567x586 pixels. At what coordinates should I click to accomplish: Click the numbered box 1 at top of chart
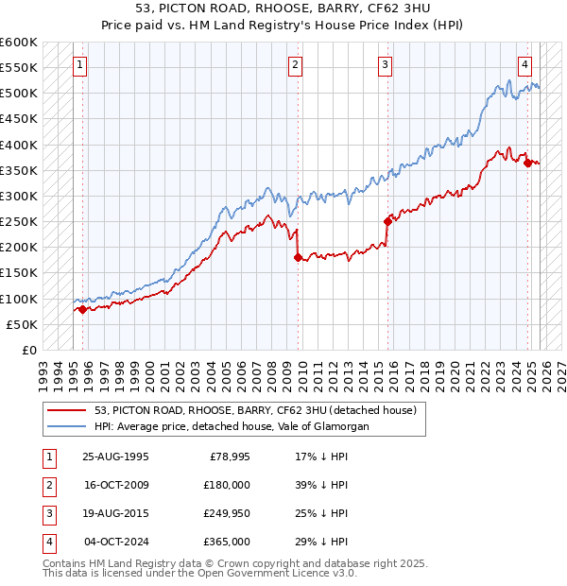[79, 65]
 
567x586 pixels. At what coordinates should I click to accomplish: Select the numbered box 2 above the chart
[296, 65]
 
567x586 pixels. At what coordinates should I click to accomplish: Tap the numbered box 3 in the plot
[386, 65]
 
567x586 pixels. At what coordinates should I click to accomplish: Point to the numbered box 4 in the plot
[524, 65]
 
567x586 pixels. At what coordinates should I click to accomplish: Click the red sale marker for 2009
[298, 257]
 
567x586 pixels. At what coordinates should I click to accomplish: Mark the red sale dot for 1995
[82, 309]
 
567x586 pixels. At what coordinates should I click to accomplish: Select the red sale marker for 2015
[387, 221]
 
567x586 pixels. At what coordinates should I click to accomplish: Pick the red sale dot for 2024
[527, 163]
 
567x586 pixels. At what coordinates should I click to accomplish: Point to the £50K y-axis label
[22, 324]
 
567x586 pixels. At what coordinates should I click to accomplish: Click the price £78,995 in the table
[227, 457]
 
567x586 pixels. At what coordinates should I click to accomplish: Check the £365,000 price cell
[227, 542]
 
